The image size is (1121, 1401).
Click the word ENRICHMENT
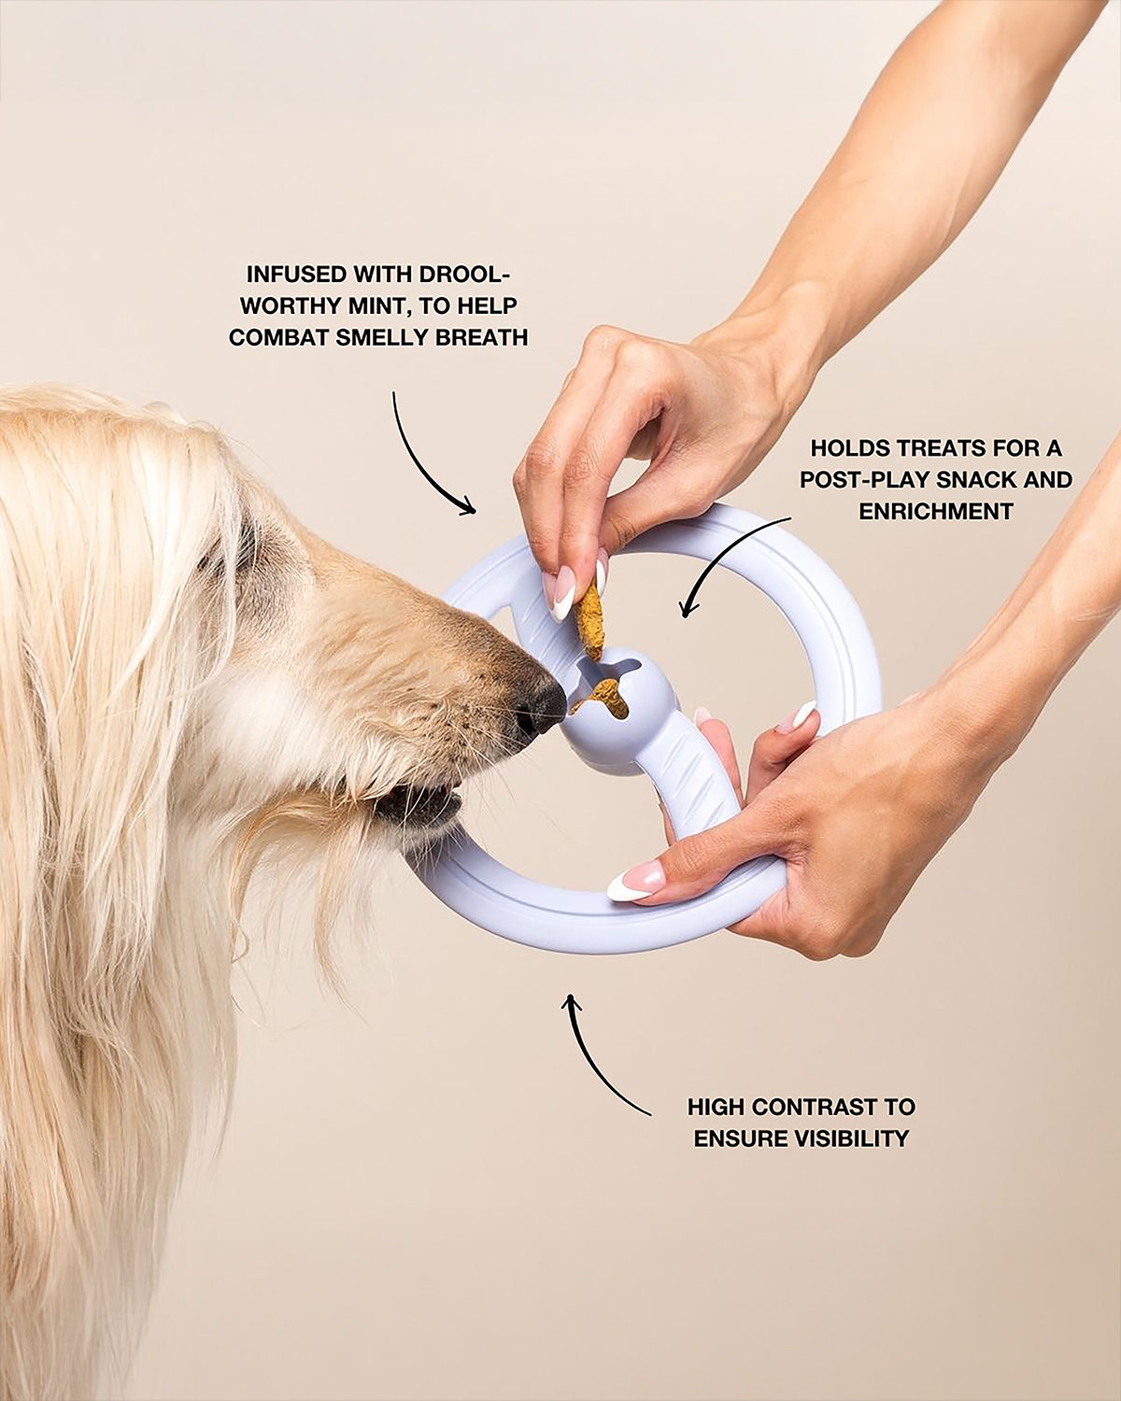click(936, 511)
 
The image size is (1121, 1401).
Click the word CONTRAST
click(816, 1107)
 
